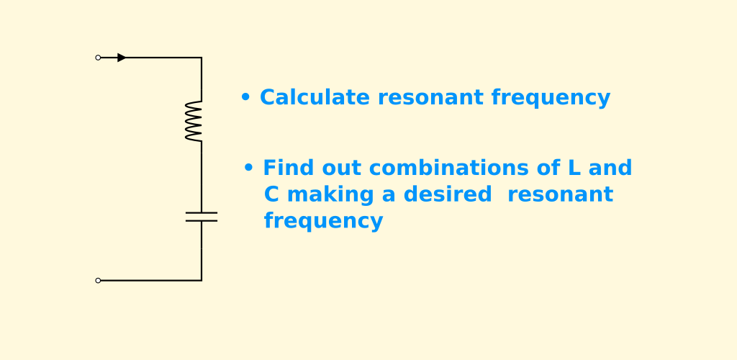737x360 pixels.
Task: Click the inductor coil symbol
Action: [194, 121]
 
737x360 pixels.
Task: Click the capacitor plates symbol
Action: [202, 217]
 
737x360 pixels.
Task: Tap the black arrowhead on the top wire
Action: [122, 58]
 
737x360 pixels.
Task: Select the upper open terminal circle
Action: [98, 58]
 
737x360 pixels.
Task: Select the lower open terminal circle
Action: [98, 281]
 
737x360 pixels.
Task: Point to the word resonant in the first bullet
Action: [430, 98]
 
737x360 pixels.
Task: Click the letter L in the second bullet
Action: [574, 168]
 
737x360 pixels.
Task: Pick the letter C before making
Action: [271, 194]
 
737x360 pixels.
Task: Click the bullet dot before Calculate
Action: [245, 98]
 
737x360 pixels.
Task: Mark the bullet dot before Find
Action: [248, 168]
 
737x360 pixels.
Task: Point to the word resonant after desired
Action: [560, 195]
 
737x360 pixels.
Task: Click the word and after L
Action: [610, 168]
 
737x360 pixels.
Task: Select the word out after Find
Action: [341, 168]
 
